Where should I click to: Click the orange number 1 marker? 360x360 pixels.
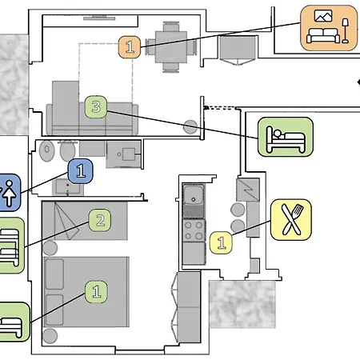(130, 47)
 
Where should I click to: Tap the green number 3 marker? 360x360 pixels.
(96, 106)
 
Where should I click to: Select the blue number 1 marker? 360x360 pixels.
(81, 171)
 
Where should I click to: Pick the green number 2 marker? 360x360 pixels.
(100, 220)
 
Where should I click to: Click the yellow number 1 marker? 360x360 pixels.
(221, 242)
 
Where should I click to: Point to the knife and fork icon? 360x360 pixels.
(291, 219)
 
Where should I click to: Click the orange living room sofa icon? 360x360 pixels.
(329, 28)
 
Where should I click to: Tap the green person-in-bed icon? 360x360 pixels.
(286, 137)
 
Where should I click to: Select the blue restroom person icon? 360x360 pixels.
(9, 193)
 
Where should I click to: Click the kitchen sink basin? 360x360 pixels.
(194, 194)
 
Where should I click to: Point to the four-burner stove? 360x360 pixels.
(194, 230)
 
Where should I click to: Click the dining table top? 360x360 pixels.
(171, 47)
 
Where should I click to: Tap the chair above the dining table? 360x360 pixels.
(171, 26)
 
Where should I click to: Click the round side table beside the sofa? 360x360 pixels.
(190, 127)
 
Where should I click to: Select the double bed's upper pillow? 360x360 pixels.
(54, 274)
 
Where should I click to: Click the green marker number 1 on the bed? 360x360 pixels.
(96, 292)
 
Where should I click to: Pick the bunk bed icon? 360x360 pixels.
(10, 246)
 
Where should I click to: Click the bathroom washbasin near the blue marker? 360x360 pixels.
(67, 187)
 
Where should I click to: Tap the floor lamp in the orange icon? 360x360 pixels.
(346, 30)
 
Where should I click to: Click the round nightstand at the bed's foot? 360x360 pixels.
(50, 336)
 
